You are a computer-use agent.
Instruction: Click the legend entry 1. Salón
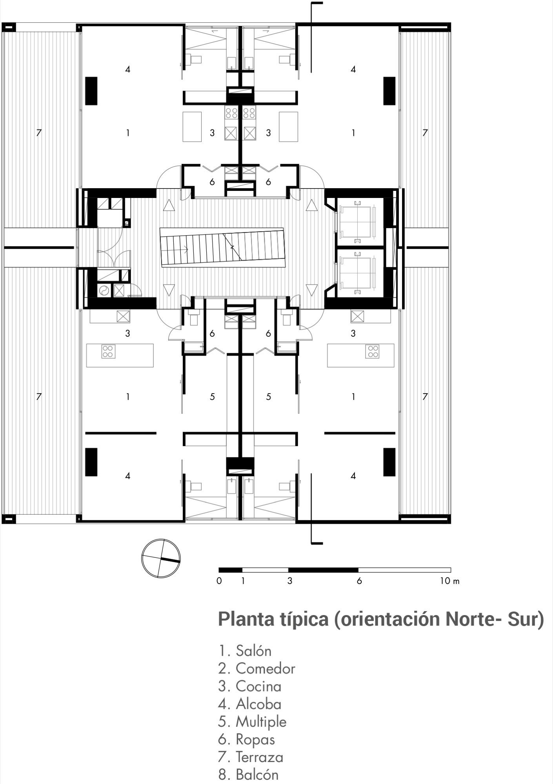point(245,651)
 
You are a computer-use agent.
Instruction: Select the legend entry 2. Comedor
point(256,669)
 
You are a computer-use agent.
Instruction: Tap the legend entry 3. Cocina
point(250,686)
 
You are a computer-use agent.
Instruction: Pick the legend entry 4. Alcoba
point(250,704)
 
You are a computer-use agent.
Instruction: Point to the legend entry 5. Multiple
point(252,722)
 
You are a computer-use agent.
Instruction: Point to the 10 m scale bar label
point(449,581)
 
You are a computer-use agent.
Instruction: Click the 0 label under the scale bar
point(219,581)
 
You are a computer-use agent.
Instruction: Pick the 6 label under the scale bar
point(359,581)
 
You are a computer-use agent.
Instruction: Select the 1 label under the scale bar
point(243,581)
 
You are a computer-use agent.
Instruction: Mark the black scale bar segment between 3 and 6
point(323,570)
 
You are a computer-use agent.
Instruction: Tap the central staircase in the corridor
point(222,247)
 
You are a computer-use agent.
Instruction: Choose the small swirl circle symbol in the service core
point(104,290)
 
